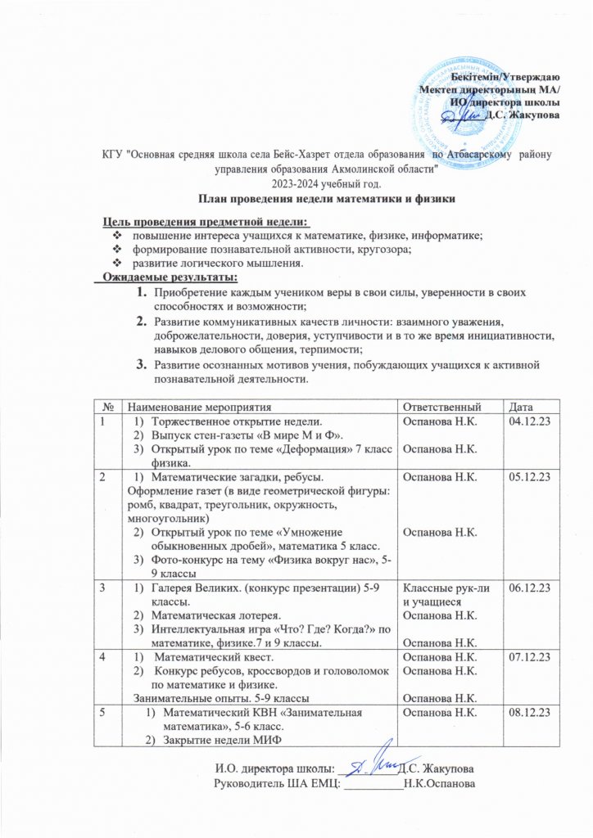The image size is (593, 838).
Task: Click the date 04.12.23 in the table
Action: [528, 421]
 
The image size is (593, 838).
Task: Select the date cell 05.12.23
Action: [528, 475]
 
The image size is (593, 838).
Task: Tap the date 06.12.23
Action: [528, 588]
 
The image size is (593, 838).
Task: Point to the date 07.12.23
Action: [528, 657]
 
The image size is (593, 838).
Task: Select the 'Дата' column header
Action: [521, 407]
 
